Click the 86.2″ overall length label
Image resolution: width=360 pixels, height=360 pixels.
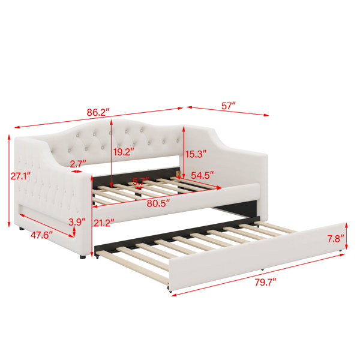pyautogui.click(x=98, y=112)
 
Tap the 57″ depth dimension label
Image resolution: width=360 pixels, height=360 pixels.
pyautogui.click(x=229, y=106)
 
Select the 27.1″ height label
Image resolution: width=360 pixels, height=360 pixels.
pyautogui.click(x=20, y=176)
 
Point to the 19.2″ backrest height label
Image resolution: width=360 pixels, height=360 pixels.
pyautogui.click(x=124, y=152)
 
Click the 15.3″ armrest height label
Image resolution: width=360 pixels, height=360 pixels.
pyautogui.click(x=196, y=154)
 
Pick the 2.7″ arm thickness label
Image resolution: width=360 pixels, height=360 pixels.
pyautogui.click(x=78, y=164)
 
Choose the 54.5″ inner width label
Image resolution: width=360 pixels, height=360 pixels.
pyautogui.click(x=202, y=175)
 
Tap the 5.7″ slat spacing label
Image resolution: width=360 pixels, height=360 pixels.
pyautogui.click(x=141, y=181)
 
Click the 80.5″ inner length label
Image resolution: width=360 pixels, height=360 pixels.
pyautogui.click(x=158, y=203)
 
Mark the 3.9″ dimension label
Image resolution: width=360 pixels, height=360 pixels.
pyautogui.click(x=77, y=222)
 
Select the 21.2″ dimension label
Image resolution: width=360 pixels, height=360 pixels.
pyautogui.click(x=104, y=223)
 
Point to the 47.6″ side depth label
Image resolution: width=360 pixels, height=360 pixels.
pyautogui.click(x=41, y=235)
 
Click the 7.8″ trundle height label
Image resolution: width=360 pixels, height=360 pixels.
pyautogui.click(x=335, y=239)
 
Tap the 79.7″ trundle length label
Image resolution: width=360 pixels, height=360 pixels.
pyautogui.click(x=266, y=282)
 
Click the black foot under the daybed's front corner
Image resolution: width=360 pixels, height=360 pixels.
pyautogui.click(x=83, y=257)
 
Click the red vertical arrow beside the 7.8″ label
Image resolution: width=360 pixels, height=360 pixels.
pyautogui.click(x=346, y=236)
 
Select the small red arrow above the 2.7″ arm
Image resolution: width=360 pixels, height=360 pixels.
pyautogui.click(x=76, y=171)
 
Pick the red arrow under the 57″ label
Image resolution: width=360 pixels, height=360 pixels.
pyautogui.click(x=227, y=111)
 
